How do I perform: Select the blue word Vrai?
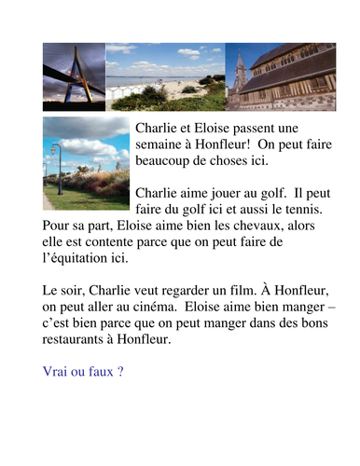(x=57, y=372)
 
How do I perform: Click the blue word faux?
(x=101, y=372)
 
